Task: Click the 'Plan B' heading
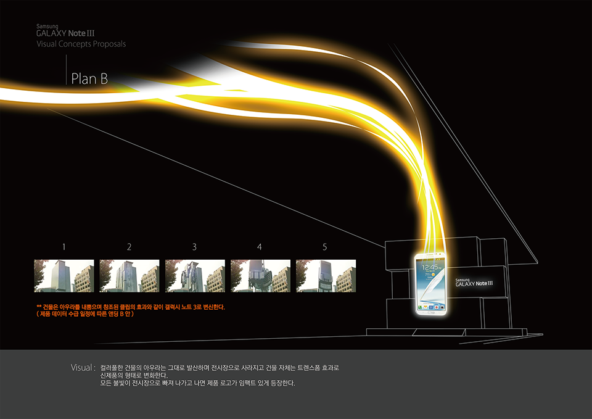pos(89,79)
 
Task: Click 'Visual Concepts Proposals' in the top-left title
pos(81,44)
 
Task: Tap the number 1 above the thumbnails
pos(64,247)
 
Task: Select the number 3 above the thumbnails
pos(194,247)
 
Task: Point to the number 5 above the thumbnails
pos(325,247)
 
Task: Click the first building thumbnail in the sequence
pos(64,275)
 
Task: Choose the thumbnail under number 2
pos(129,275)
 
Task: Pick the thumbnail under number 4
pos(260,275)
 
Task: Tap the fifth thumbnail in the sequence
pos(326,275)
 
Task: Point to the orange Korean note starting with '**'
pos(131,307)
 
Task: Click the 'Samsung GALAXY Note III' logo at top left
pos(65,31)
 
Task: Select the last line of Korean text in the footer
pos(197,383)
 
